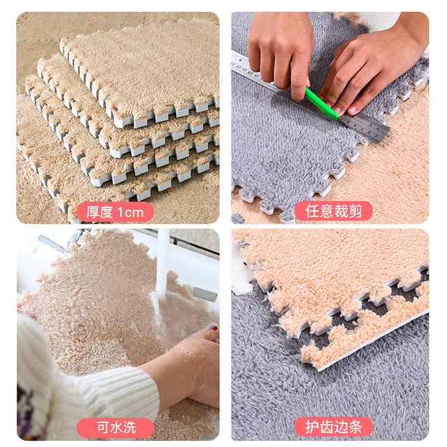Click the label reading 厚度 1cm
pyautogui.click(x=115, y=212)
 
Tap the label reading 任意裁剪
pyautogui.click(x=334, y=211)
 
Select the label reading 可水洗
pyautogui.click(x=115, y=427)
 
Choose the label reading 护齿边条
pyautogui.click(x=334, y=427)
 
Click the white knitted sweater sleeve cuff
pyautogui.click(x=137, y=390)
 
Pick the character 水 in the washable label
pyautogui.click(x=115, y=427)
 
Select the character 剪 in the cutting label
pyautogui.click(x=356, y=211)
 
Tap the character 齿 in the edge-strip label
pyautogui.click(x=326, y=427)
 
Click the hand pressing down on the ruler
pyautogui.click(x=281, y=51)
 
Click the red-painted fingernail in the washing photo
pyautogui.click(x=214, y=329)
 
